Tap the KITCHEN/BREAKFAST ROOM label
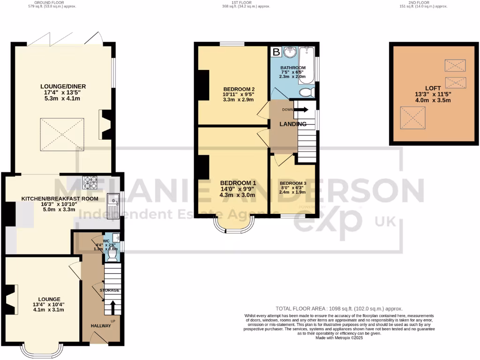60,199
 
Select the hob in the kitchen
89,181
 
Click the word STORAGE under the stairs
109,291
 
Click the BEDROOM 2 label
239,89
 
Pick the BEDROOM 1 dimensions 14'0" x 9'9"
239,189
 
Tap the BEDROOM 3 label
292,183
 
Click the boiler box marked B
276,52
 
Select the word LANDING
293,124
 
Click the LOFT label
433,88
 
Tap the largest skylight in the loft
412,115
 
